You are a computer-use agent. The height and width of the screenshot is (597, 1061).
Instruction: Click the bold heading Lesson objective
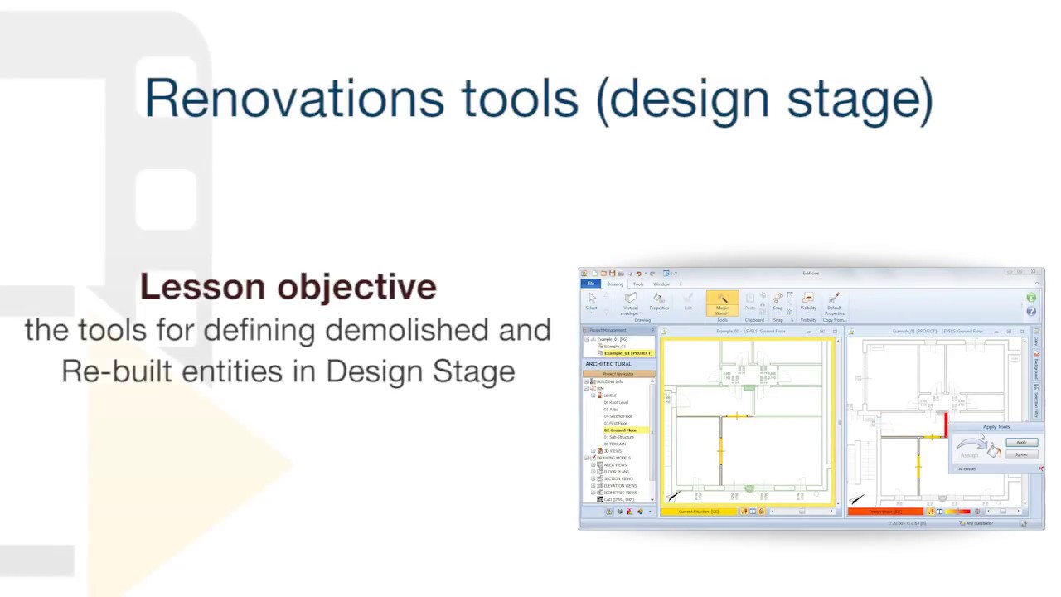click(288, 287)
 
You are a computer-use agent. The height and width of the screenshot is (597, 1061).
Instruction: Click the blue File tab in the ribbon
click(591, 284)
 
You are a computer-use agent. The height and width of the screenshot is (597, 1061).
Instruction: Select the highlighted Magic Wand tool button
click(722, 303)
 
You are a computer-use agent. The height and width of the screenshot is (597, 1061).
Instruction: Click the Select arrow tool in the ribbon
click(592, 300)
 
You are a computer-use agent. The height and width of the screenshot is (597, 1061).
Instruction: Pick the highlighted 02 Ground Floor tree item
click(620, 430)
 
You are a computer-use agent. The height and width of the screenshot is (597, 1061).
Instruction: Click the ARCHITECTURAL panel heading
click(609, 364)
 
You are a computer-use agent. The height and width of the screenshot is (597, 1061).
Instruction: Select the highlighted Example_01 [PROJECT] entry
click(627, 353)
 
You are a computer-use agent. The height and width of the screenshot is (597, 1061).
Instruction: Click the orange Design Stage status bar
click(885, 512)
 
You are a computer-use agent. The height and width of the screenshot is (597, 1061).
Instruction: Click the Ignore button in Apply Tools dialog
click(1022, 454)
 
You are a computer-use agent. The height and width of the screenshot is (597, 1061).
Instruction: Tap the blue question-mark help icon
click(1031, 312)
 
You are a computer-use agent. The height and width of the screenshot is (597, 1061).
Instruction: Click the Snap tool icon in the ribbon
click(778, 300)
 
